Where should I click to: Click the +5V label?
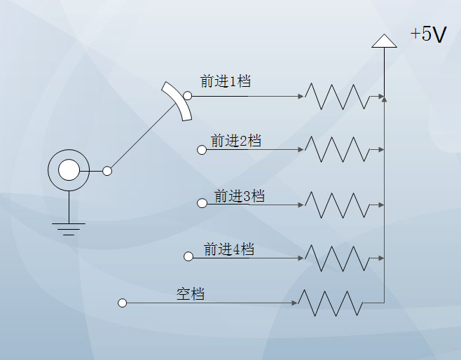(x=428, y=34)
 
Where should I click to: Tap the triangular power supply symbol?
(x=384, y=41)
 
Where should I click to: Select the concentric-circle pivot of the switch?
(x=69, y=170)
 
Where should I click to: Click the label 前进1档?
(x=225, y=81)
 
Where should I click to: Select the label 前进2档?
(x=235, y=141)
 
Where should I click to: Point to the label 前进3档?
(x=239, y=195)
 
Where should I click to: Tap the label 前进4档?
(x=228, y=249)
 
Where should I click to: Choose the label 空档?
(x=190, y=294)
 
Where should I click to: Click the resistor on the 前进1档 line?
(x=336, y=97)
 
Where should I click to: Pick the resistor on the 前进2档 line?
(x=336, y=149)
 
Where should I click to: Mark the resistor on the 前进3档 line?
(x=336, y=205)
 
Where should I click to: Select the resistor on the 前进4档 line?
(x=336, y=258)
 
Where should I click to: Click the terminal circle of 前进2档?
(x=202, y=150)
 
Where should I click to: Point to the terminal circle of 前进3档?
(x=202, y=204)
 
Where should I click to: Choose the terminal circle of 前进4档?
(x=188, y=257)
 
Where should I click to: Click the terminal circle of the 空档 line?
(x=123, y=303)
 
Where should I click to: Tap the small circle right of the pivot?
(x=107, y=171)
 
